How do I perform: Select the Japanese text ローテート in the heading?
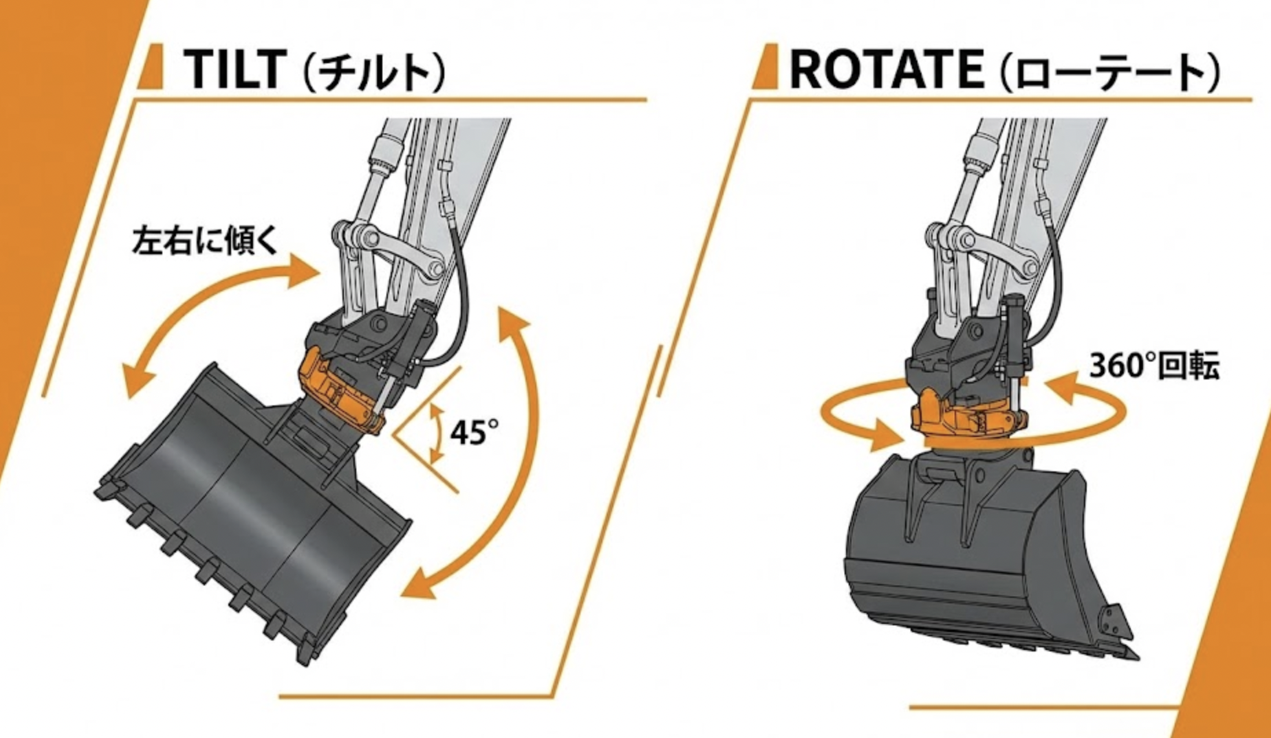pos(1111,72)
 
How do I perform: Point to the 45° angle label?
pos(475,432)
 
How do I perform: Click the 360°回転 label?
pos(1154,366)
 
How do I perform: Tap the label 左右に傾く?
pos(204,241)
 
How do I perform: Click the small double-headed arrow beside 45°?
pos(435,433)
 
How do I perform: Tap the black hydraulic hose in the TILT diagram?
pos(459,275)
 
